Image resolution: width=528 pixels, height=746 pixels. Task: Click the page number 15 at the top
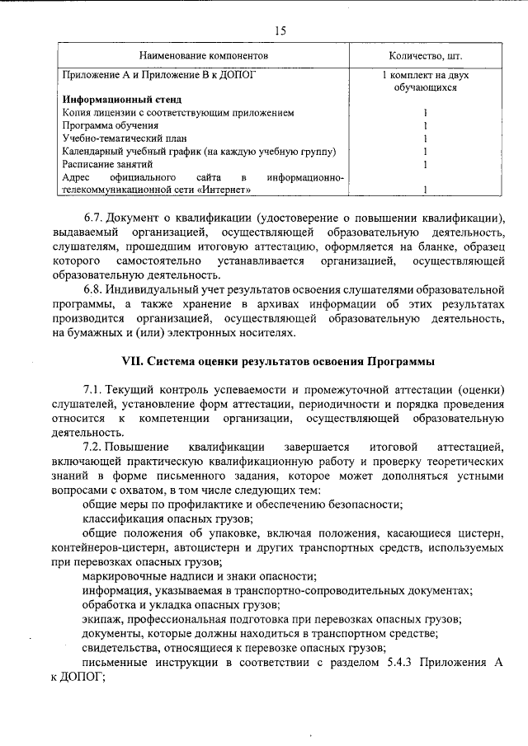pyautogui.click(x=280, y=30)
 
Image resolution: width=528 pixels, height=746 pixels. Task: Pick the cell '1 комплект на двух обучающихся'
pyautogui.click(x=425, y=80)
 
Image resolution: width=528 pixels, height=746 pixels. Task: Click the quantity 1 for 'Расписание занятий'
pyautogui.click(x=425, y=164)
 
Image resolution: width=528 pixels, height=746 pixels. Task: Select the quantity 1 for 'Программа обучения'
pyautogui.click(x=425, y=125)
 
